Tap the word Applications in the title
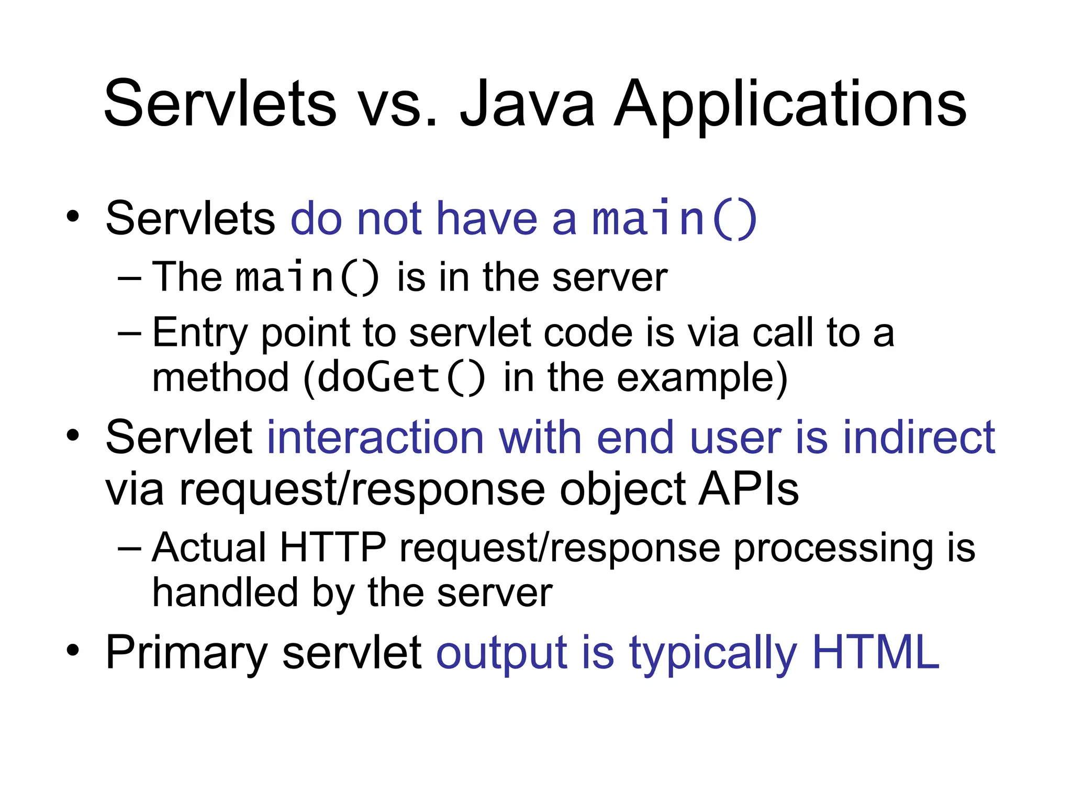coord(790,105)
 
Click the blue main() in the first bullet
coord(674,219)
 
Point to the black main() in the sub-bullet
coord(307,277)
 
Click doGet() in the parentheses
coord(401,378)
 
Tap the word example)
coord(702,378)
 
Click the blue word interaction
coord(375,438)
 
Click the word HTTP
coord(333,548)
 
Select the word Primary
coord(187,653)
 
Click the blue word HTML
coord(876,652)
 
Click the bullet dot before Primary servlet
coord(73,651)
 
